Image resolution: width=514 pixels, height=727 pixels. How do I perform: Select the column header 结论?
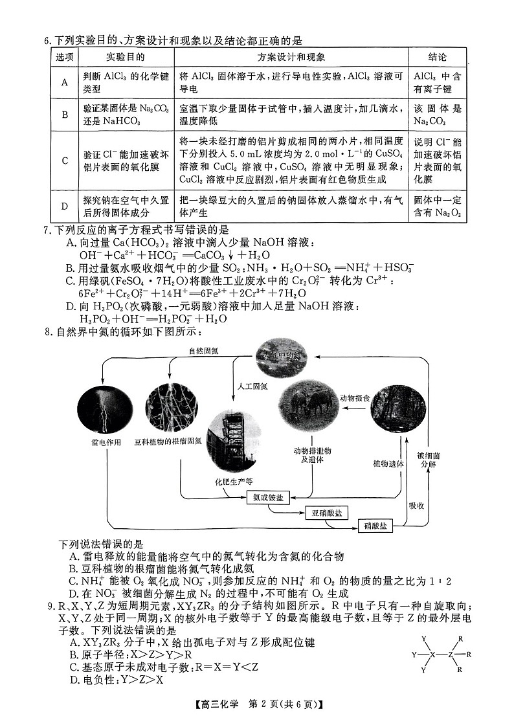[437, 58]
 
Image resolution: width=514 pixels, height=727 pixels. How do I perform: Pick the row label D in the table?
[65, 207]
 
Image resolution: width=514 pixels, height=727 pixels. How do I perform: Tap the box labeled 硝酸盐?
[375, 526]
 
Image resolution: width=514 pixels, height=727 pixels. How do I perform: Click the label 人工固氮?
[251, 386]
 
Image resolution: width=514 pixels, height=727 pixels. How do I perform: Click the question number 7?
[47, 229]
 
